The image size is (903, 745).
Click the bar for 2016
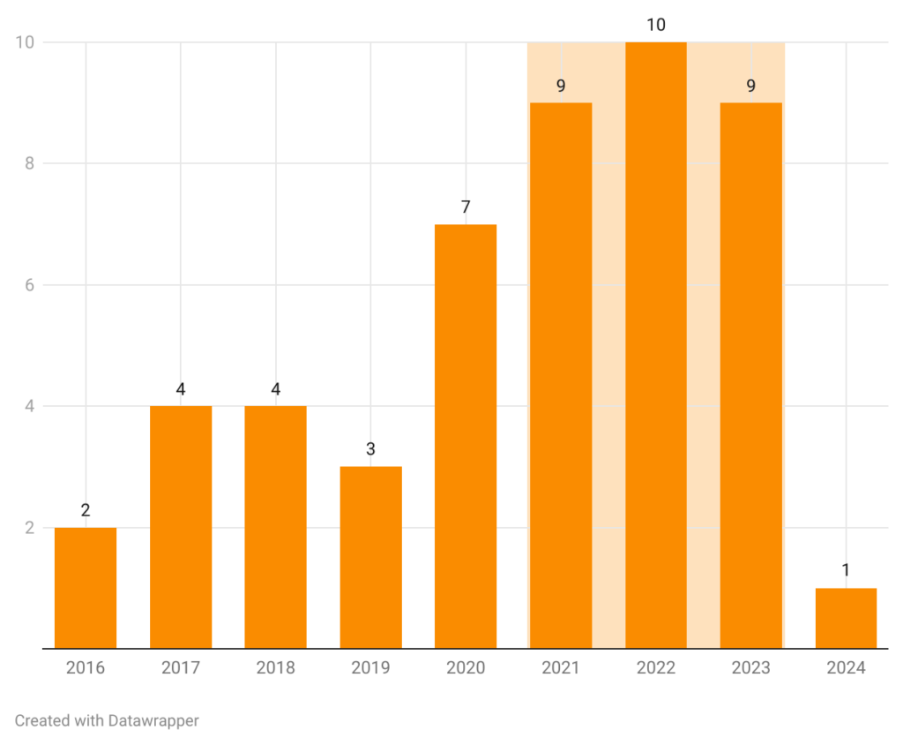[86, 588]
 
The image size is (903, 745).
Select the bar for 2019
[370, 557]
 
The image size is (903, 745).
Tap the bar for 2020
[466, 436]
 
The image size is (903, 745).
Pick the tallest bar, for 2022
[656, 345]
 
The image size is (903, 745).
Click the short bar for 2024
[846, 618]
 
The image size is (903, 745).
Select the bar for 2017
[181, 527]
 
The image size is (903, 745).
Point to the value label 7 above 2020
[466, 207]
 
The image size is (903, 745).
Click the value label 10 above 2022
[656, 25]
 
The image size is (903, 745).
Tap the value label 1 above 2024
[846, 570]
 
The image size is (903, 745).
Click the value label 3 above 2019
[370, 449]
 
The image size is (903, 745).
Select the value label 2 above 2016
[86, 510]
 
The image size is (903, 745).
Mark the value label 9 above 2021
[561, 87]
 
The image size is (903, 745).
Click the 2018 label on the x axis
[275, 668]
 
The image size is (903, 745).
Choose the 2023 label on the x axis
[750, 668]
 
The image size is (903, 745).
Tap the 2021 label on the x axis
[561, 668]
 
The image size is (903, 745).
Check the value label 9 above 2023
[750, 87]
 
